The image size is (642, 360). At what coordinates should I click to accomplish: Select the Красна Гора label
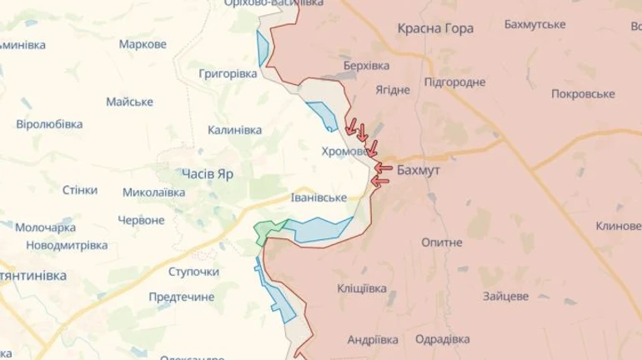tap(435, 28)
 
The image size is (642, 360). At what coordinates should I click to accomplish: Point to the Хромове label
tap(345, 152)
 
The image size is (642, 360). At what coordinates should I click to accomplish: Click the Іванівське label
tap(318, 197)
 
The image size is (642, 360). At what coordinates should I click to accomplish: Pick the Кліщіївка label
tap(361, 288)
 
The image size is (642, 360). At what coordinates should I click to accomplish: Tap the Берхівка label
tap(366, 64)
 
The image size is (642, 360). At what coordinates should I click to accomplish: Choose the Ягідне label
tap(392, 89)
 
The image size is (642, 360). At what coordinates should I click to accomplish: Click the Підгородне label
tap(454, 82)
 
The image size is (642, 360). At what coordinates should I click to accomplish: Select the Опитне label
tap(442, 242)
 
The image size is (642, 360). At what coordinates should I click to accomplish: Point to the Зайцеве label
tap(505, 296)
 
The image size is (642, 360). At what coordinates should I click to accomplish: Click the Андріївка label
tap(372, 339)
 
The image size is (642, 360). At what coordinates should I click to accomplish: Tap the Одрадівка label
tap(442, 339)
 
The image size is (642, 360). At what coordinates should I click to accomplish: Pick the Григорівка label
tap(228, 74)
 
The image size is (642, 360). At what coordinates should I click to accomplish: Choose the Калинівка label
tap(235, 130)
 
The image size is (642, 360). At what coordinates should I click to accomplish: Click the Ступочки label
tap(193, 272)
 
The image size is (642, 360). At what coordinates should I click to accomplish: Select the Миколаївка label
tap(153, 192)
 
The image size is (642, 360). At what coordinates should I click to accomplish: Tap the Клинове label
tap(618, 227)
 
